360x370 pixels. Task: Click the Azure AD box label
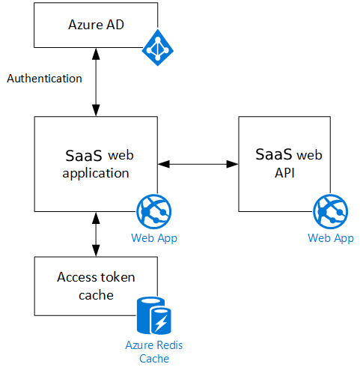[96, 25]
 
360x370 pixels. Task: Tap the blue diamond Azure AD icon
[158, 47]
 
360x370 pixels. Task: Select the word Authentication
[44, 79]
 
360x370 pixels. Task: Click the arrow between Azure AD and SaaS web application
[96, 82]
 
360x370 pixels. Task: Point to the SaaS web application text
[98, 164]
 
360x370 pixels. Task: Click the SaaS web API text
[289, 163]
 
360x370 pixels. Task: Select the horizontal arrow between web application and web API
[198, 164]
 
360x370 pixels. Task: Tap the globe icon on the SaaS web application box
[154, 212]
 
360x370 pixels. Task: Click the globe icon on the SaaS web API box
[331, 212]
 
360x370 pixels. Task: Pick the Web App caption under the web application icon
[154, 238]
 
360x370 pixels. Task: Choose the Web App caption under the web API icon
[331, 238]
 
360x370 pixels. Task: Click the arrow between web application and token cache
[96, 234]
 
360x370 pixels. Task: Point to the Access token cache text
[96, 286]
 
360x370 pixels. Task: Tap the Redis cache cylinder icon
[154, 315]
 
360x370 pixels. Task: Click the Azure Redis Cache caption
[154, 352]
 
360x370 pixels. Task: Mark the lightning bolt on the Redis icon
[161, 323]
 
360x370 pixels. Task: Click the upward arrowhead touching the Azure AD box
[96, 54]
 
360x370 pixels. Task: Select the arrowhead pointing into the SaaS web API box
[232, 164]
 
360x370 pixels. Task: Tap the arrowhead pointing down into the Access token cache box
[96, 250]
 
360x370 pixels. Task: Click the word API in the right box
[284, 173]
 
